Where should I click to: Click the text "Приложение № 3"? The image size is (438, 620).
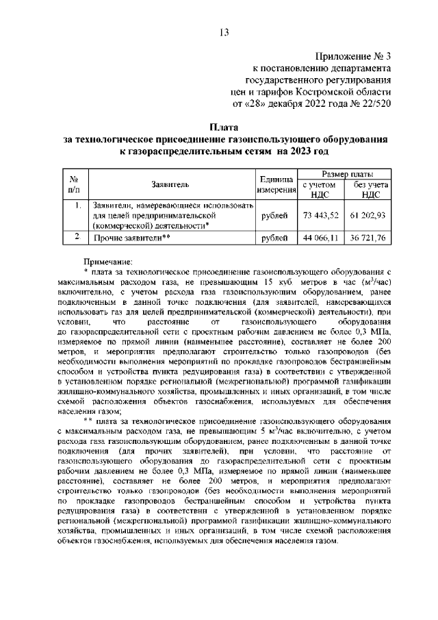[355, 55]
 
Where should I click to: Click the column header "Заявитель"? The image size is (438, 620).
[170, 184]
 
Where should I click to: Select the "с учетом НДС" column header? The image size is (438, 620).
[319, 190]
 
